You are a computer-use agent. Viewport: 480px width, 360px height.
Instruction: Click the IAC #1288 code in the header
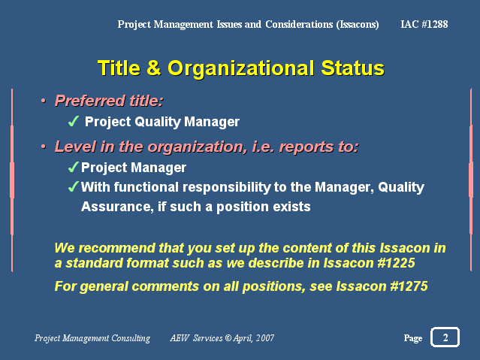coord(424,24)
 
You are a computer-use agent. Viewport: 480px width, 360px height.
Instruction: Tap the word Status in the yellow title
coord(352,68)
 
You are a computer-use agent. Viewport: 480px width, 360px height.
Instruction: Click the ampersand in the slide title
coord(154,68)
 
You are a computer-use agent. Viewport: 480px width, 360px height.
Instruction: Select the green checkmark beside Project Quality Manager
coord(74,121)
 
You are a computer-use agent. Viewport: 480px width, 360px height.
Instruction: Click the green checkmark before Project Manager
coord(74,168)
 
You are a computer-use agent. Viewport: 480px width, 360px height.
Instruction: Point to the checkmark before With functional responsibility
coord(74,186)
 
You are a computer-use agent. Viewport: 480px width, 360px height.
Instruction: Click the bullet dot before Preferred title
coord(44,101)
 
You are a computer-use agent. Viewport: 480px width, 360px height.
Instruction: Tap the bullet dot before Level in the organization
coord(44,147)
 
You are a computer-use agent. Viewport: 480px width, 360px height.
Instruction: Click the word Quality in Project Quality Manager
coord(158,122)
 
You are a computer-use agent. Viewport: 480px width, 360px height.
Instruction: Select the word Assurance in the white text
coord(117,207)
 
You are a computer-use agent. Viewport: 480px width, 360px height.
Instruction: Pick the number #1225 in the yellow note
coord(397,263)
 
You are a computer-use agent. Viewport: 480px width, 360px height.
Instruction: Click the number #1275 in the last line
coord(409,286)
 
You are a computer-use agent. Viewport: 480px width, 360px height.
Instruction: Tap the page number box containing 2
coord(445,337)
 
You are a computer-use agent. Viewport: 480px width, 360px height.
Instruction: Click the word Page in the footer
coord(413,338)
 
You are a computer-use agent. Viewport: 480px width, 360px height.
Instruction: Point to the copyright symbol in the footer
coord(228,337)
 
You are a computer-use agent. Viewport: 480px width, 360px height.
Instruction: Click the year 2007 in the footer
coord(265,337)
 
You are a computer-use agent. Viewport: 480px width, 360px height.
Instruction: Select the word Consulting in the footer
coord(131,338)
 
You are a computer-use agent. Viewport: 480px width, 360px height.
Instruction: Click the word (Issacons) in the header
coord(358,24)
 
